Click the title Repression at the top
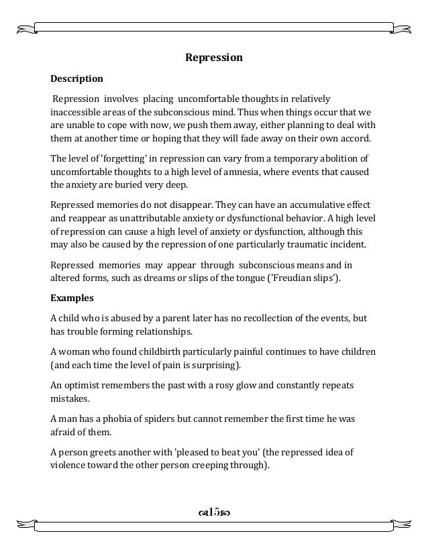pyautogui.click(x=213, y=58)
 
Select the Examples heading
pyautogui.click(x=72, y=297)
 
